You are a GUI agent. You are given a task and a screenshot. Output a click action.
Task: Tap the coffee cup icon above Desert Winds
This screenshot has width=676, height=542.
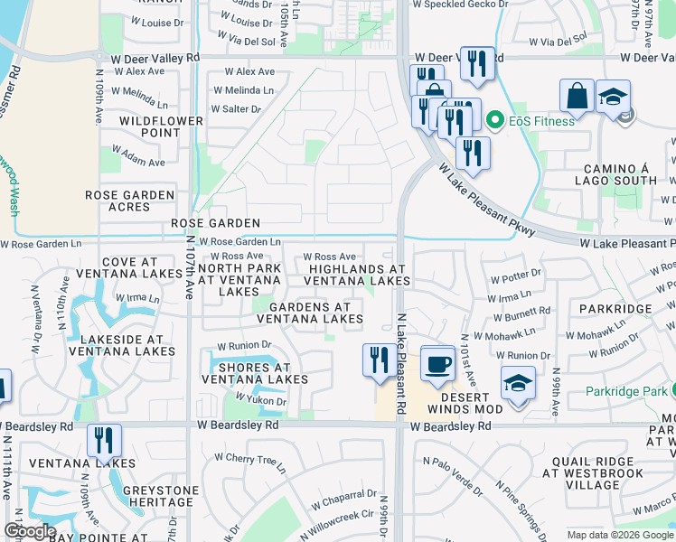coord(437,364)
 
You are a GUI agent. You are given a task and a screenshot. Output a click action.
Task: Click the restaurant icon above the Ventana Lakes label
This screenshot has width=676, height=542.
coord(104,442)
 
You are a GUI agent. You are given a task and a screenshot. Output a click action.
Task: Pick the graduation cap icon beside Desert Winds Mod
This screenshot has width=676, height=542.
coord(519,383)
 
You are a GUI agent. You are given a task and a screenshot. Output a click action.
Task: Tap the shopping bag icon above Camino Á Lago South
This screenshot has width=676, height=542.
coord(576,96)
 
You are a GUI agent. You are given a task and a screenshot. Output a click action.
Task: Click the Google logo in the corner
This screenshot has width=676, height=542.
coord(30,531)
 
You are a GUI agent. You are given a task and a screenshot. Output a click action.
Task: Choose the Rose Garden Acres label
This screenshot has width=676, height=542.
coord(129,201)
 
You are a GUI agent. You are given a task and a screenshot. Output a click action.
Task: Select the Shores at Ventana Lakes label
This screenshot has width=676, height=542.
coord(258,374)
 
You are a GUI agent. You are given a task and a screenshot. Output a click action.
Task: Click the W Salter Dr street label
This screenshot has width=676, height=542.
coord(236,109)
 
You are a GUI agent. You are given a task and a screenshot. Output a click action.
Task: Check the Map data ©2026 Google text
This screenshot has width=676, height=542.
coord(620,535)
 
